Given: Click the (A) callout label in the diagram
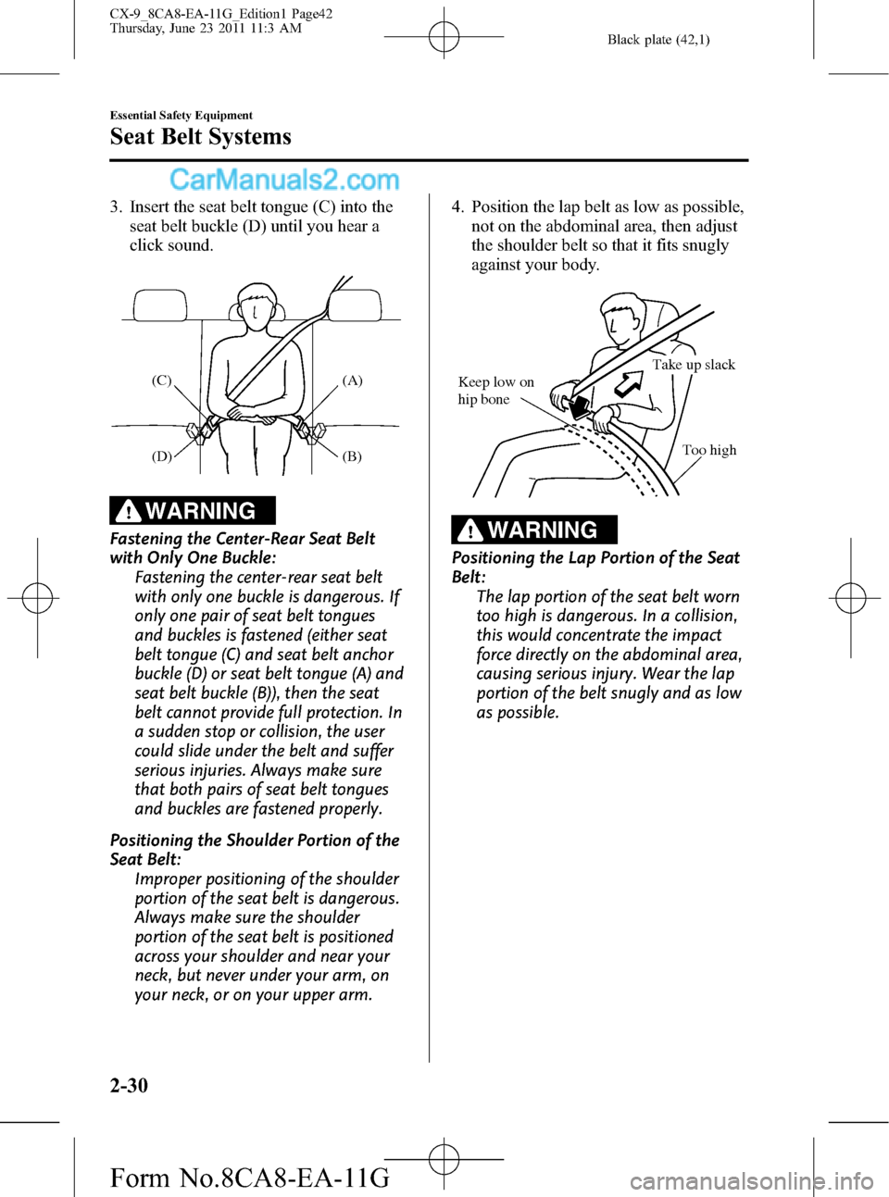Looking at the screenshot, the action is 352,380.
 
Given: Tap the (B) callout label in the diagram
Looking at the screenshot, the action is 352,456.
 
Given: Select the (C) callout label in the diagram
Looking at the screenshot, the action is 161,380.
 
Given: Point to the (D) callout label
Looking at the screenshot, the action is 161,456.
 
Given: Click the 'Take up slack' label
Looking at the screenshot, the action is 694,365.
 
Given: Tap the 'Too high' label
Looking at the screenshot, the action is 709,450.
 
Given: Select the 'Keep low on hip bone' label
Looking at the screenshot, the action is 495,391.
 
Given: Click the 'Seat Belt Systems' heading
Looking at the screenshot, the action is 200,136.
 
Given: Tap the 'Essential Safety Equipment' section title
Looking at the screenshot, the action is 181,115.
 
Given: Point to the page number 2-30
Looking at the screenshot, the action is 129,1084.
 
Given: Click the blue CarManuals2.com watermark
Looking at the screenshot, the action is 284,181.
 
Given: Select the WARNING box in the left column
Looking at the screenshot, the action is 193,510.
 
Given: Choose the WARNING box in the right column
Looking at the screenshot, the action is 534,530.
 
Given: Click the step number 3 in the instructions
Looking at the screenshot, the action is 115,207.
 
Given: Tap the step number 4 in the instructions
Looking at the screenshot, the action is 457,207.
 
